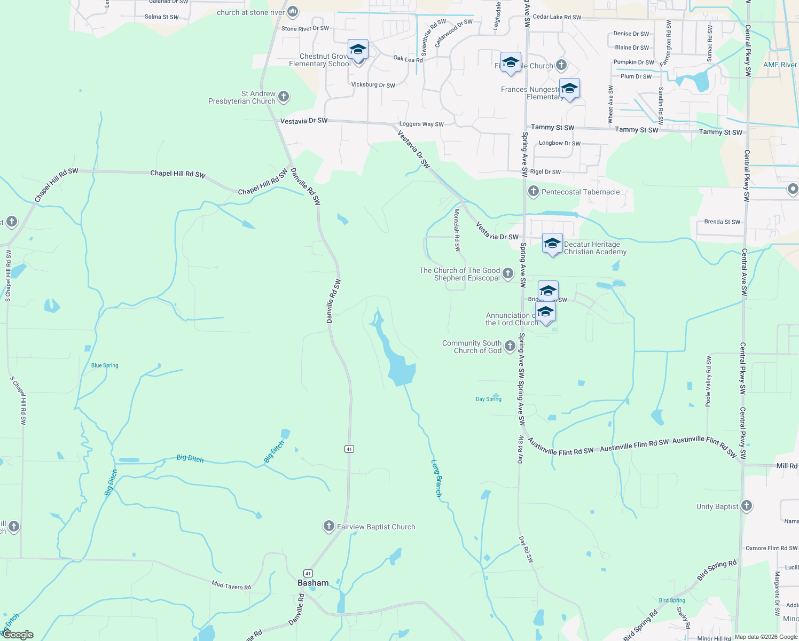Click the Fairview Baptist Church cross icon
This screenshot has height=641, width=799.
point(329,527)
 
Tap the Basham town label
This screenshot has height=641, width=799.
point(313,583)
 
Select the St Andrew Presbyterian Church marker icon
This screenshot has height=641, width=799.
point(284,97)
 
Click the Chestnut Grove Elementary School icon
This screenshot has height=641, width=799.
point(358,51)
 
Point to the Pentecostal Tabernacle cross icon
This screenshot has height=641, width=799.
point(533,191)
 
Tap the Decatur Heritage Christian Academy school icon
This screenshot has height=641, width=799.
point(552,245)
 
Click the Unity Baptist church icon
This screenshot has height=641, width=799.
point(747,505)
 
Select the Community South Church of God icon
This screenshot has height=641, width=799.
point(510,347)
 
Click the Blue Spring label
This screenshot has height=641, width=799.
point(105,366)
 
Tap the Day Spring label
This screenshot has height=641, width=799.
point(489,399)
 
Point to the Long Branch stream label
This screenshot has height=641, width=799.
point(437,478)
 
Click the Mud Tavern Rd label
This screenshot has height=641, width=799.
point(231,586)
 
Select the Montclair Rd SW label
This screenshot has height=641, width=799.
point(457,230)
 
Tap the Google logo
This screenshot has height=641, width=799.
point(18,635)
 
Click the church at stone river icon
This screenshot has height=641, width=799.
point(293,12)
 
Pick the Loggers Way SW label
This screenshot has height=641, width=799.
point(421,124)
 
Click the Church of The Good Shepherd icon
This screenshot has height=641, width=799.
point(508,273)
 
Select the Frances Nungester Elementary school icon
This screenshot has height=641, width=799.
point(569,89)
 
